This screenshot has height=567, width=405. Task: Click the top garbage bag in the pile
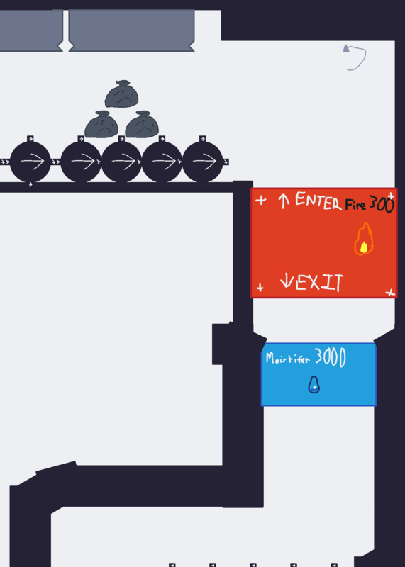point(121,94)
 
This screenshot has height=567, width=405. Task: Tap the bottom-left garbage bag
point(101,125)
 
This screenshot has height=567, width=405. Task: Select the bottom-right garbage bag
point(142,125)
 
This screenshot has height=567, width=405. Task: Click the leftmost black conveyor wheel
point(30,162)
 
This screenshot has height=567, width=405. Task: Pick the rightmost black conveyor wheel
point(203,162)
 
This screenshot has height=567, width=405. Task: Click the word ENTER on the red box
point(318,201)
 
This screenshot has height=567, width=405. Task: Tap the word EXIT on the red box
point(319,282)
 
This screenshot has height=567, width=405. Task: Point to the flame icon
point(364,239)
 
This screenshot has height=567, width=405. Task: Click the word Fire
point(355,205)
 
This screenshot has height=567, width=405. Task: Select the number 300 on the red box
point(382,204)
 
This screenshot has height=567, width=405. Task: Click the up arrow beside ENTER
point(284,201)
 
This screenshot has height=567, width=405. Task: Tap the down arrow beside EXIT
point(287,281)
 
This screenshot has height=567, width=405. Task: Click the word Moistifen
point(288,359)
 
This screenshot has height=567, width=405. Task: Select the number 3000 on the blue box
point(330,357)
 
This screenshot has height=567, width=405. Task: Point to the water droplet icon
point(314,385)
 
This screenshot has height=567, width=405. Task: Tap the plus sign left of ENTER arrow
point(260,200)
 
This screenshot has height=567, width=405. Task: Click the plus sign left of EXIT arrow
point(260,288)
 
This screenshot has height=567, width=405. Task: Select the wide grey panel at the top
point(131,30)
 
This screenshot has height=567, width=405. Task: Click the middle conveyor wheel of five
point(121,162)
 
